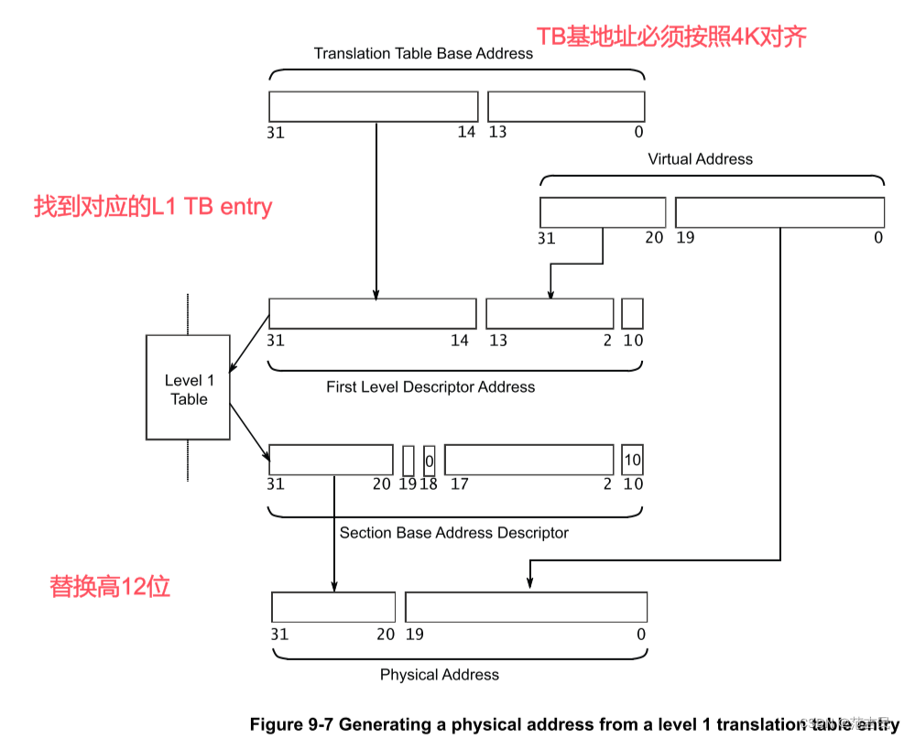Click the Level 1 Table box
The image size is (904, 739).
click(x=189, y=387)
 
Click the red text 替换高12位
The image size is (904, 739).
click(x=110, y=586)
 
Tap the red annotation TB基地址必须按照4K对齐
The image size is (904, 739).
click(x=670, y=36)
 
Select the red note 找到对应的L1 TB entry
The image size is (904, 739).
click(x=153, y=205)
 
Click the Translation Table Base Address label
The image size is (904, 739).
click(x=423, y=53)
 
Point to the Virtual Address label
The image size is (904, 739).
click(x=700, y=158)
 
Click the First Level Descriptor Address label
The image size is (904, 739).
click(x=430, y=386)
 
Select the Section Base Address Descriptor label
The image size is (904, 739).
click(x=454, y=532)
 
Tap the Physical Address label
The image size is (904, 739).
click(x=440, y=674)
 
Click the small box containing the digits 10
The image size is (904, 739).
click(x=632, y=459)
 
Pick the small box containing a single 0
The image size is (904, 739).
click(x=429, y=460)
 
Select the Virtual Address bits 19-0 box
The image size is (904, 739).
click(x=779, y=212)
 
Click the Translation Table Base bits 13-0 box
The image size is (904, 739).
click(x=565, y=106)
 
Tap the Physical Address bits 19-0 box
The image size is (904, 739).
click(x=526, y=607)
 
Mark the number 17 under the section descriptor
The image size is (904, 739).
click(x=459, y=484)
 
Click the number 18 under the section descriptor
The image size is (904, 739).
click(x=429, y=484)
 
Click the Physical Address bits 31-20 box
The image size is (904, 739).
click(x=333, y=607)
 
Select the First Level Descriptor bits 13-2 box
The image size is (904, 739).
click(x=550, y=313)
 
